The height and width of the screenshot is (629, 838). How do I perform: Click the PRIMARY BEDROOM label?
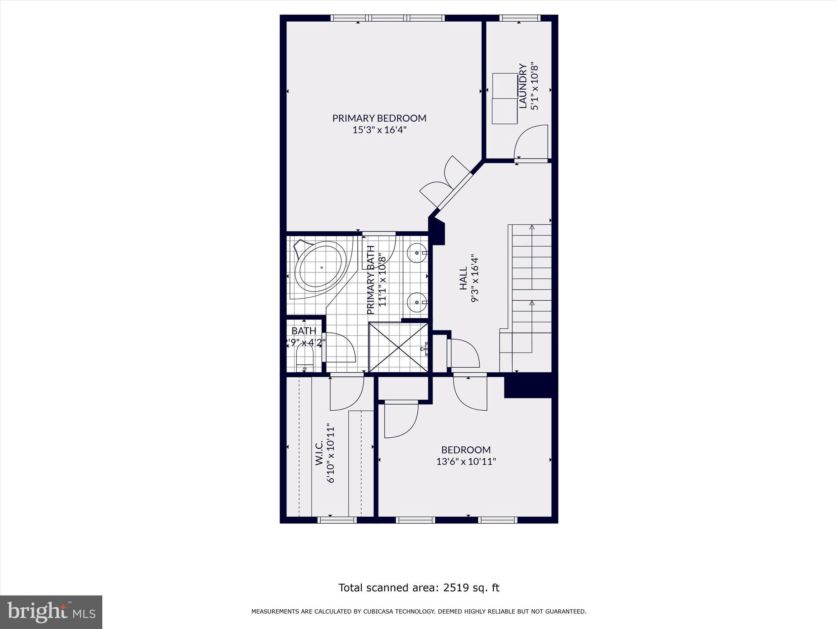tap(379, 118)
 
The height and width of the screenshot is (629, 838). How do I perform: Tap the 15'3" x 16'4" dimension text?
tap(379, 130)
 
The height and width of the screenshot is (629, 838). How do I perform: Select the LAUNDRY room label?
tap(523, 86)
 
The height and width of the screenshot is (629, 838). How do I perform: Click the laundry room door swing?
tap(530, 143)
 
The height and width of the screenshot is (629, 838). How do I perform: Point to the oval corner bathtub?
tap(321, 267)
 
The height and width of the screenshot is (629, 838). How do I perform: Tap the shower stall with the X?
tap(398, 347)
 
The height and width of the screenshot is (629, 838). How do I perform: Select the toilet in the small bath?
tap(304, 357)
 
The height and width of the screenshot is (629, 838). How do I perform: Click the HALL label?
tap(463, 278)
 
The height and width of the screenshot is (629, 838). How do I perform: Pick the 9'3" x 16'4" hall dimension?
tap(475, 278)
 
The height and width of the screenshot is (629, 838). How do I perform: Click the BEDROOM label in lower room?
tap(466, 450)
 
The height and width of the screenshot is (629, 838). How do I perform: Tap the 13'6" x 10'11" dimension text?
tap(466, 462)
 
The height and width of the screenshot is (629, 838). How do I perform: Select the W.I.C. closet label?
tap(320, 453)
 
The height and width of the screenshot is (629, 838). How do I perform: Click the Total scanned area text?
tap(419, 588)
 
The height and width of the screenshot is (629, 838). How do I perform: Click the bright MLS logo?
tap(51, 612)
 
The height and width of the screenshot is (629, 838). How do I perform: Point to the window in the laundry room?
tap(520, 18)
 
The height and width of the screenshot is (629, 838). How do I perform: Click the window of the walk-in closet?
tap(337, 520)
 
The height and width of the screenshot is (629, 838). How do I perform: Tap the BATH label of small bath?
tap(304, 330)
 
